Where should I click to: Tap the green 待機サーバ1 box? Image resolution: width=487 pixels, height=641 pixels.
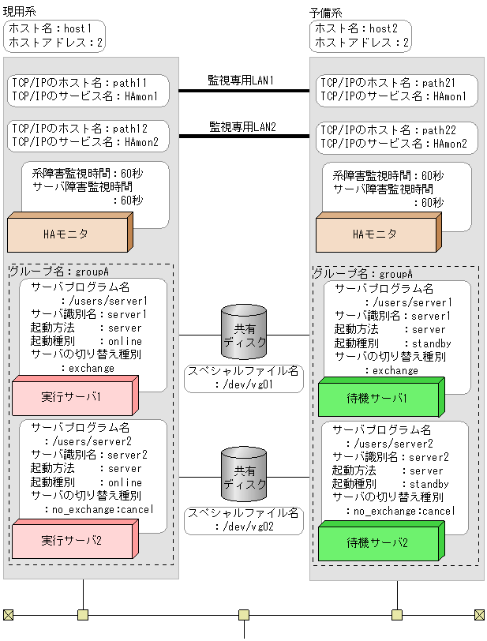click(x=377, y=398)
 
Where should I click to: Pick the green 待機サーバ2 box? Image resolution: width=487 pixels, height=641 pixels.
click(x=377, y=543)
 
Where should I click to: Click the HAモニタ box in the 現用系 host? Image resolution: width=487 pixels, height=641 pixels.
click(x=66, y=234)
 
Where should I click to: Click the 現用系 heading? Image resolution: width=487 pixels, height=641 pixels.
click(x=19, y=11)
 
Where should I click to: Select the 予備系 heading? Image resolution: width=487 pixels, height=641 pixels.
click(x=324, y=11)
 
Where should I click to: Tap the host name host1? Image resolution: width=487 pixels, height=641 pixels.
click(x=78, y=28)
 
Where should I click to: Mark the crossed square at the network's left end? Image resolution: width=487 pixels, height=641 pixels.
click(x=8, y=614)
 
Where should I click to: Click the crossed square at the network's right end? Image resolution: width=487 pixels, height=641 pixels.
click(x=479, y=614)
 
